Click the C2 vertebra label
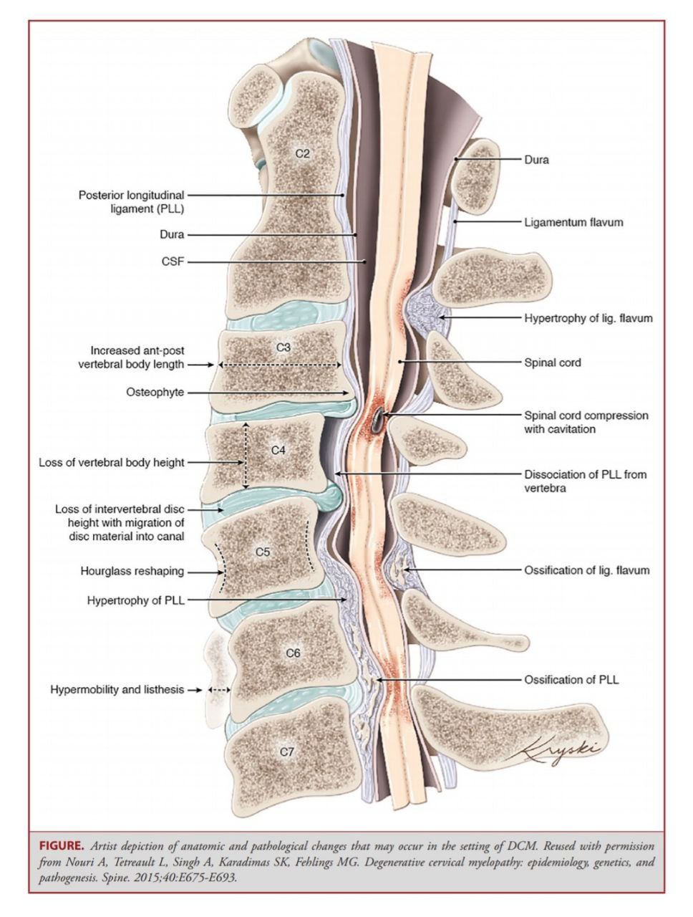point(302,154)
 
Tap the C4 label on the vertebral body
point(278,451)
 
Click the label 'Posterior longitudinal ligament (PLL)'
point(132,202)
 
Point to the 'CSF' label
point(173,262)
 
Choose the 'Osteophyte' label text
point(155,393)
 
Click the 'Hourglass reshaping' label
point(132,571)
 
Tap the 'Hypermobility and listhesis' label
point(117,689)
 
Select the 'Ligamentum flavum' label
point(573,222)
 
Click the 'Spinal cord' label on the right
point(552,363)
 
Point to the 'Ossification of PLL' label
point(571,680)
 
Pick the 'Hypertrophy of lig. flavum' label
point(588,318)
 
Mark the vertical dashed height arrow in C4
point(246,456)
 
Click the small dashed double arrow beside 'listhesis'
point(220,690)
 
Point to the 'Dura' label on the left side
point(172,234)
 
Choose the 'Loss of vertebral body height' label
point(112,463)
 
